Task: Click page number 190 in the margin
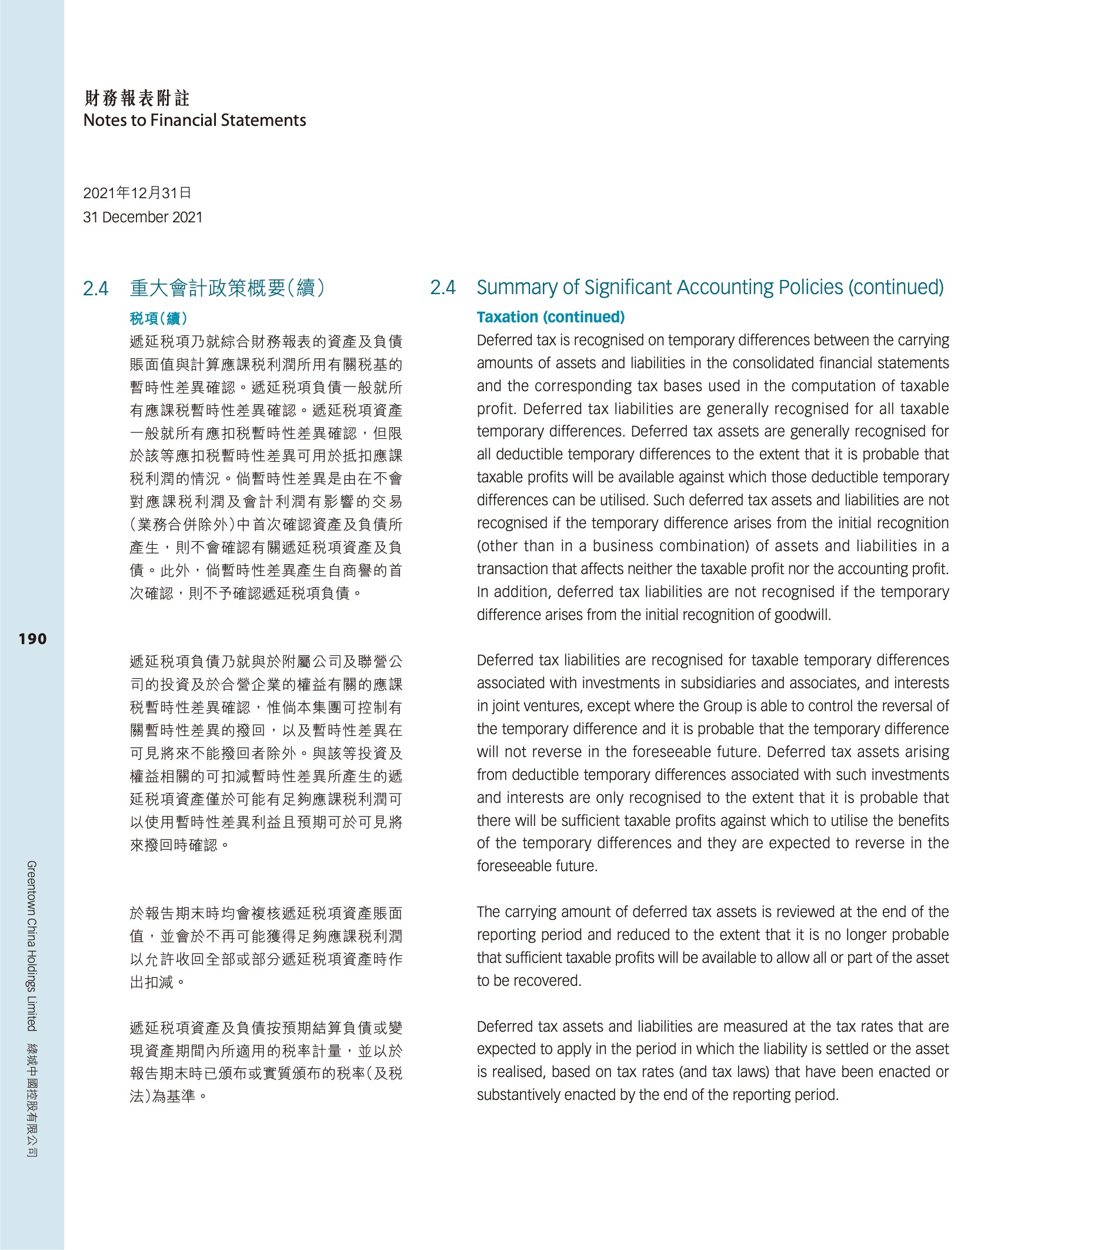point(32,639)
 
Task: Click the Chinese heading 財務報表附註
point(137,98)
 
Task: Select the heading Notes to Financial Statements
point(195,121)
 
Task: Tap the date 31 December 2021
point(142,217)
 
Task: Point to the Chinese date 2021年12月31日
point(137,194)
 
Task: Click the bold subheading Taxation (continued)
point(551,317)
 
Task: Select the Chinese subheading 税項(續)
point(158,318)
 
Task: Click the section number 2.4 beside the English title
point(442,288)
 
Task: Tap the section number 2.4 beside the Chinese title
point(95,288)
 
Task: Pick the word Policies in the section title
point(804,288)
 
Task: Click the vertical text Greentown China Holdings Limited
point(32,945)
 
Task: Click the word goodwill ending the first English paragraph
point(802,615)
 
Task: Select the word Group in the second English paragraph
point(722,706)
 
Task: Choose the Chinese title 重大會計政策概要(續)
point(228,288)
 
